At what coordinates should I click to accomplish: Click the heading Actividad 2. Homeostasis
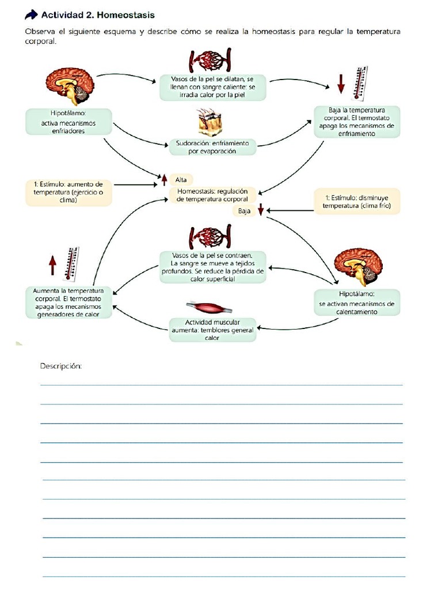[98, 14]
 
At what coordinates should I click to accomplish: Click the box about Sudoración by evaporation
[212, 146]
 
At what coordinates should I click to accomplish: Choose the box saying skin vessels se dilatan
[213, 87]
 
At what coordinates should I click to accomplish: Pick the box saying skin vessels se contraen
[212, 267]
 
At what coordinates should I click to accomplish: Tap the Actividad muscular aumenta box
[212, 330]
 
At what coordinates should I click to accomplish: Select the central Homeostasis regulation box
[212, 195]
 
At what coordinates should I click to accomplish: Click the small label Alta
[181, 180]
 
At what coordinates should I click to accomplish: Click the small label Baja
[245, 211]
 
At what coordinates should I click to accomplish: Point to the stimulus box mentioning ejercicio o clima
[68, 192]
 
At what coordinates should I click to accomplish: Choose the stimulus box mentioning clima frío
[357, 202]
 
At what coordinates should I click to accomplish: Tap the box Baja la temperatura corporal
[357, 122]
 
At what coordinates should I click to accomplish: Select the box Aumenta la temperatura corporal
[68, 302]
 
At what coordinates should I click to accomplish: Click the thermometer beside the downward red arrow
[360, 80]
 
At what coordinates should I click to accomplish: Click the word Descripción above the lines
[61, 366]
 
